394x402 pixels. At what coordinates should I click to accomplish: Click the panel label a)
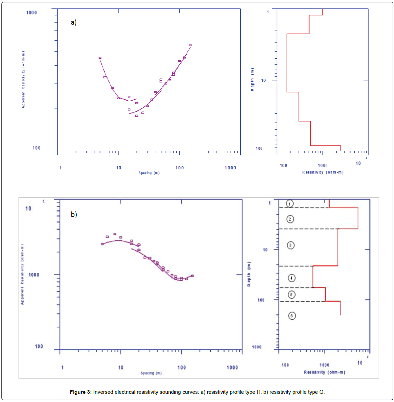74,23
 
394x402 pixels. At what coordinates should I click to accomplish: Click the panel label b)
74,215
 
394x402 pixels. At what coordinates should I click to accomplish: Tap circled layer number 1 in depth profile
290,204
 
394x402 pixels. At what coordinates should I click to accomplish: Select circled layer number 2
290,219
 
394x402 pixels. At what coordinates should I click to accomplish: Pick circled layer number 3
290,245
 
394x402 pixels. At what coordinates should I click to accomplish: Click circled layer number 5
291,295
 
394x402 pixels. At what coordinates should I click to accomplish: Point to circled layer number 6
292,316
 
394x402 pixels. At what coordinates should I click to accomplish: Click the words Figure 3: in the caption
80,392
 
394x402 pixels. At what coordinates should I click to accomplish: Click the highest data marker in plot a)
191,45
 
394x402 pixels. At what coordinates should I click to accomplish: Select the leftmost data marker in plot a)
100,58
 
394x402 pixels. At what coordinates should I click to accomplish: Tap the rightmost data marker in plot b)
192,276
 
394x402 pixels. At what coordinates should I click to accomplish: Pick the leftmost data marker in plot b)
102,244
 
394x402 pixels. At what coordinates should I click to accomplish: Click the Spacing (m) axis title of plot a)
149,173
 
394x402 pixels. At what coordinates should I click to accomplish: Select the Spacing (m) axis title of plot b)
151,373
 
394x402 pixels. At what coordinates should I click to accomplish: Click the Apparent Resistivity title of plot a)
23,80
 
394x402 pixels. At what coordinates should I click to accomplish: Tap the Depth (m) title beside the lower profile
249,274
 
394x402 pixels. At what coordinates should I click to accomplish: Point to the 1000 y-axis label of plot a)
31,13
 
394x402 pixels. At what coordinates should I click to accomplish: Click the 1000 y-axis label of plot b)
34,275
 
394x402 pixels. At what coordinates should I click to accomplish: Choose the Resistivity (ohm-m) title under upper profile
323,172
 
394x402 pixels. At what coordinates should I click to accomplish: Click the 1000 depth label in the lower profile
257,347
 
